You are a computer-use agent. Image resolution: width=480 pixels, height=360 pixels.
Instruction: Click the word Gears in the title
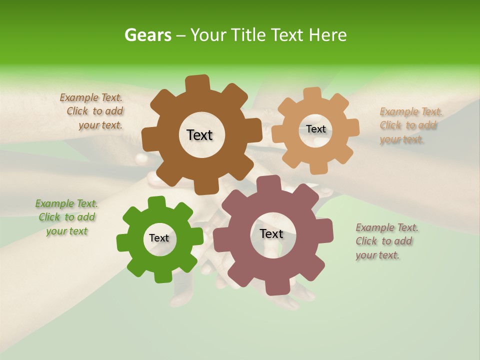point(147,35)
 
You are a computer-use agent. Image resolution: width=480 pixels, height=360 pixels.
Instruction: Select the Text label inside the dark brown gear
point(199,135)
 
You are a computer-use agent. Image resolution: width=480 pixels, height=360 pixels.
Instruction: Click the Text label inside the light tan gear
point(315,129)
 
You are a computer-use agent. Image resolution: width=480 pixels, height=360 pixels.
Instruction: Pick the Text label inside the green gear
point(159,238)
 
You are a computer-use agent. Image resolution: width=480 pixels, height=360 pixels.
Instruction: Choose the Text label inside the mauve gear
point(271,233)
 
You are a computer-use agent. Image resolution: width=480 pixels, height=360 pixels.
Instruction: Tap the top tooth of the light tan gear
point(312,94)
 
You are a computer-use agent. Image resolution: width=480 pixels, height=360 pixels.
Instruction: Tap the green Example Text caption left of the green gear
point(67,217)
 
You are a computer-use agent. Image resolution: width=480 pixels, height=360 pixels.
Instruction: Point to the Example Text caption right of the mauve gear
point(386,241)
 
